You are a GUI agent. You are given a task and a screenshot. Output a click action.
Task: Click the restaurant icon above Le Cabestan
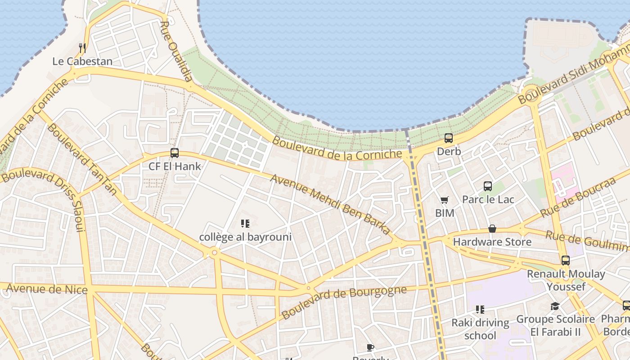(x=82, y=48)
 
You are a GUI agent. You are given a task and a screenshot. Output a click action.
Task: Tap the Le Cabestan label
(x=82, y=61)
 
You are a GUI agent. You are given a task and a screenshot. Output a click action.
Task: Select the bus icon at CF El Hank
(x=175, y=153)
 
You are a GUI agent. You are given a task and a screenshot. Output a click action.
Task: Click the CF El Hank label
(x=175, y=166)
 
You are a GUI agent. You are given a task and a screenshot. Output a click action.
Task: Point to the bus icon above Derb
(x=449, y=138)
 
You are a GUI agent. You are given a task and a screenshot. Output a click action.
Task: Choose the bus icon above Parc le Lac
(x=488, y=186)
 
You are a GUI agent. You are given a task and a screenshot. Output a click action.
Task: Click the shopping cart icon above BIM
(x=445, y=200)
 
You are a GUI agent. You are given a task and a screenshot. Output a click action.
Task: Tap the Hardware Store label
(x=492, y=242)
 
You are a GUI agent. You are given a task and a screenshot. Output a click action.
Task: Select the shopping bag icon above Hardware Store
(x=492, y=229)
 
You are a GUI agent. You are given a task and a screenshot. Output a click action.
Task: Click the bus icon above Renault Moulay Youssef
(x=566, y=260)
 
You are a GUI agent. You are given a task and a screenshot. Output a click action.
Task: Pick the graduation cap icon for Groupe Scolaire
(x=555, y=306)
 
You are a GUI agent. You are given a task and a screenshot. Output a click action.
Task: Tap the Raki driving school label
(x=480, y=329)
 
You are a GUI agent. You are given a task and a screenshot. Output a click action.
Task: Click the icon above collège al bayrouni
(x=245, y=224)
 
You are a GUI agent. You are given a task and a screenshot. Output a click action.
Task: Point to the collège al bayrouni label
(x=245, y=237)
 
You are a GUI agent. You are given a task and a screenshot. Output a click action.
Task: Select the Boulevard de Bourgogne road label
(x=344, y=301)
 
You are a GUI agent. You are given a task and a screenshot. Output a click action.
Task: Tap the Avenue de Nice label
(x=47, y=288)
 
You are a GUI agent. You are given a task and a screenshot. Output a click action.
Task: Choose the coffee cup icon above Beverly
(x=370, y=347)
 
